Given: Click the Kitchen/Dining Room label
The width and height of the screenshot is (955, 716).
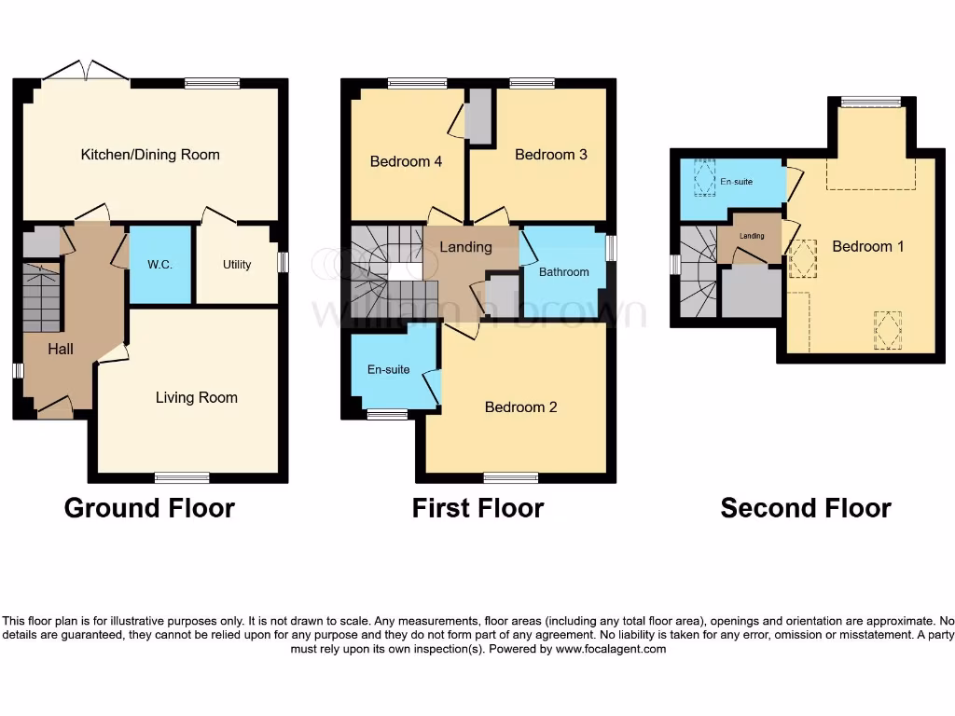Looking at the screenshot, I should pyautogui.click(x=150, y=155).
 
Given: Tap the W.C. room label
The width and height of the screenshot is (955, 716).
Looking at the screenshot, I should pyautogui.click(x=159, y=264).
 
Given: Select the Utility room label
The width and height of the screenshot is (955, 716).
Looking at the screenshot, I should pyautogui.click(x=237, y=265).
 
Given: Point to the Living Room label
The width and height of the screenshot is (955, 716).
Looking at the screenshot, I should pyautogui.click(x=196, y=398).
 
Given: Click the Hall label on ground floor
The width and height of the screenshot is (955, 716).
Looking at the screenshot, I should pyautogui.click(x=61, y=349).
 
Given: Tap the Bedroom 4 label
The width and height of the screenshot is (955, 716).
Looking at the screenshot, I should pyautogui.click(x=406, y=161).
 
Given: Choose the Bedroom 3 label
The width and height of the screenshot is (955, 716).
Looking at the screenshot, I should pyautogui.click(x=551, y=155).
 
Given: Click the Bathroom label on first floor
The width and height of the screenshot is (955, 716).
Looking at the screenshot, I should pyautogui.click(x=564, y=272).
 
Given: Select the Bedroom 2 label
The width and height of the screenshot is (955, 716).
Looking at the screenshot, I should pyautogui.click(x=520, y=407).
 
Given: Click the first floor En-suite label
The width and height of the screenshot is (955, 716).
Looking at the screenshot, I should pyautogui.click(x=388, y=370).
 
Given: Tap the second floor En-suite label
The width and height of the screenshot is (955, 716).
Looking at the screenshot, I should pyautogui.click(x=736, y=182).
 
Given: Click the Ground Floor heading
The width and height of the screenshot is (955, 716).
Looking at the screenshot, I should pyautogui.click(x=149, y=508).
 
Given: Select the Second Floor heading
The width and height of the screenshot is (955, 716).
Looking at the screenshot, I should pyautogui.click(x=806, y=508).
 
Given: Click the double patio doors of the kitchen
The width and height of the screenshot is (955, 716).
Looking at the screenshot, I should pyautogui.click(x=87, y=72).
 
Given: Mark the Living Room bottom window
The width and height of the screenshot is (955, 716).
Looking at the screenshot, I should pyautogui.click(x=182, y=477).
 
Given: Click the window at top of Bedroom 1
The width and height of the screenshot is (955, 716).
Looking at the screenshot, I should pyautogui.click(x=871, y=102).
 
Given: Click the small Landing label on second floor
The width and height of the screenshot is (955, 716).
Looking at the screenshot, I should pyautogui.click(x=752, y=236).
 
